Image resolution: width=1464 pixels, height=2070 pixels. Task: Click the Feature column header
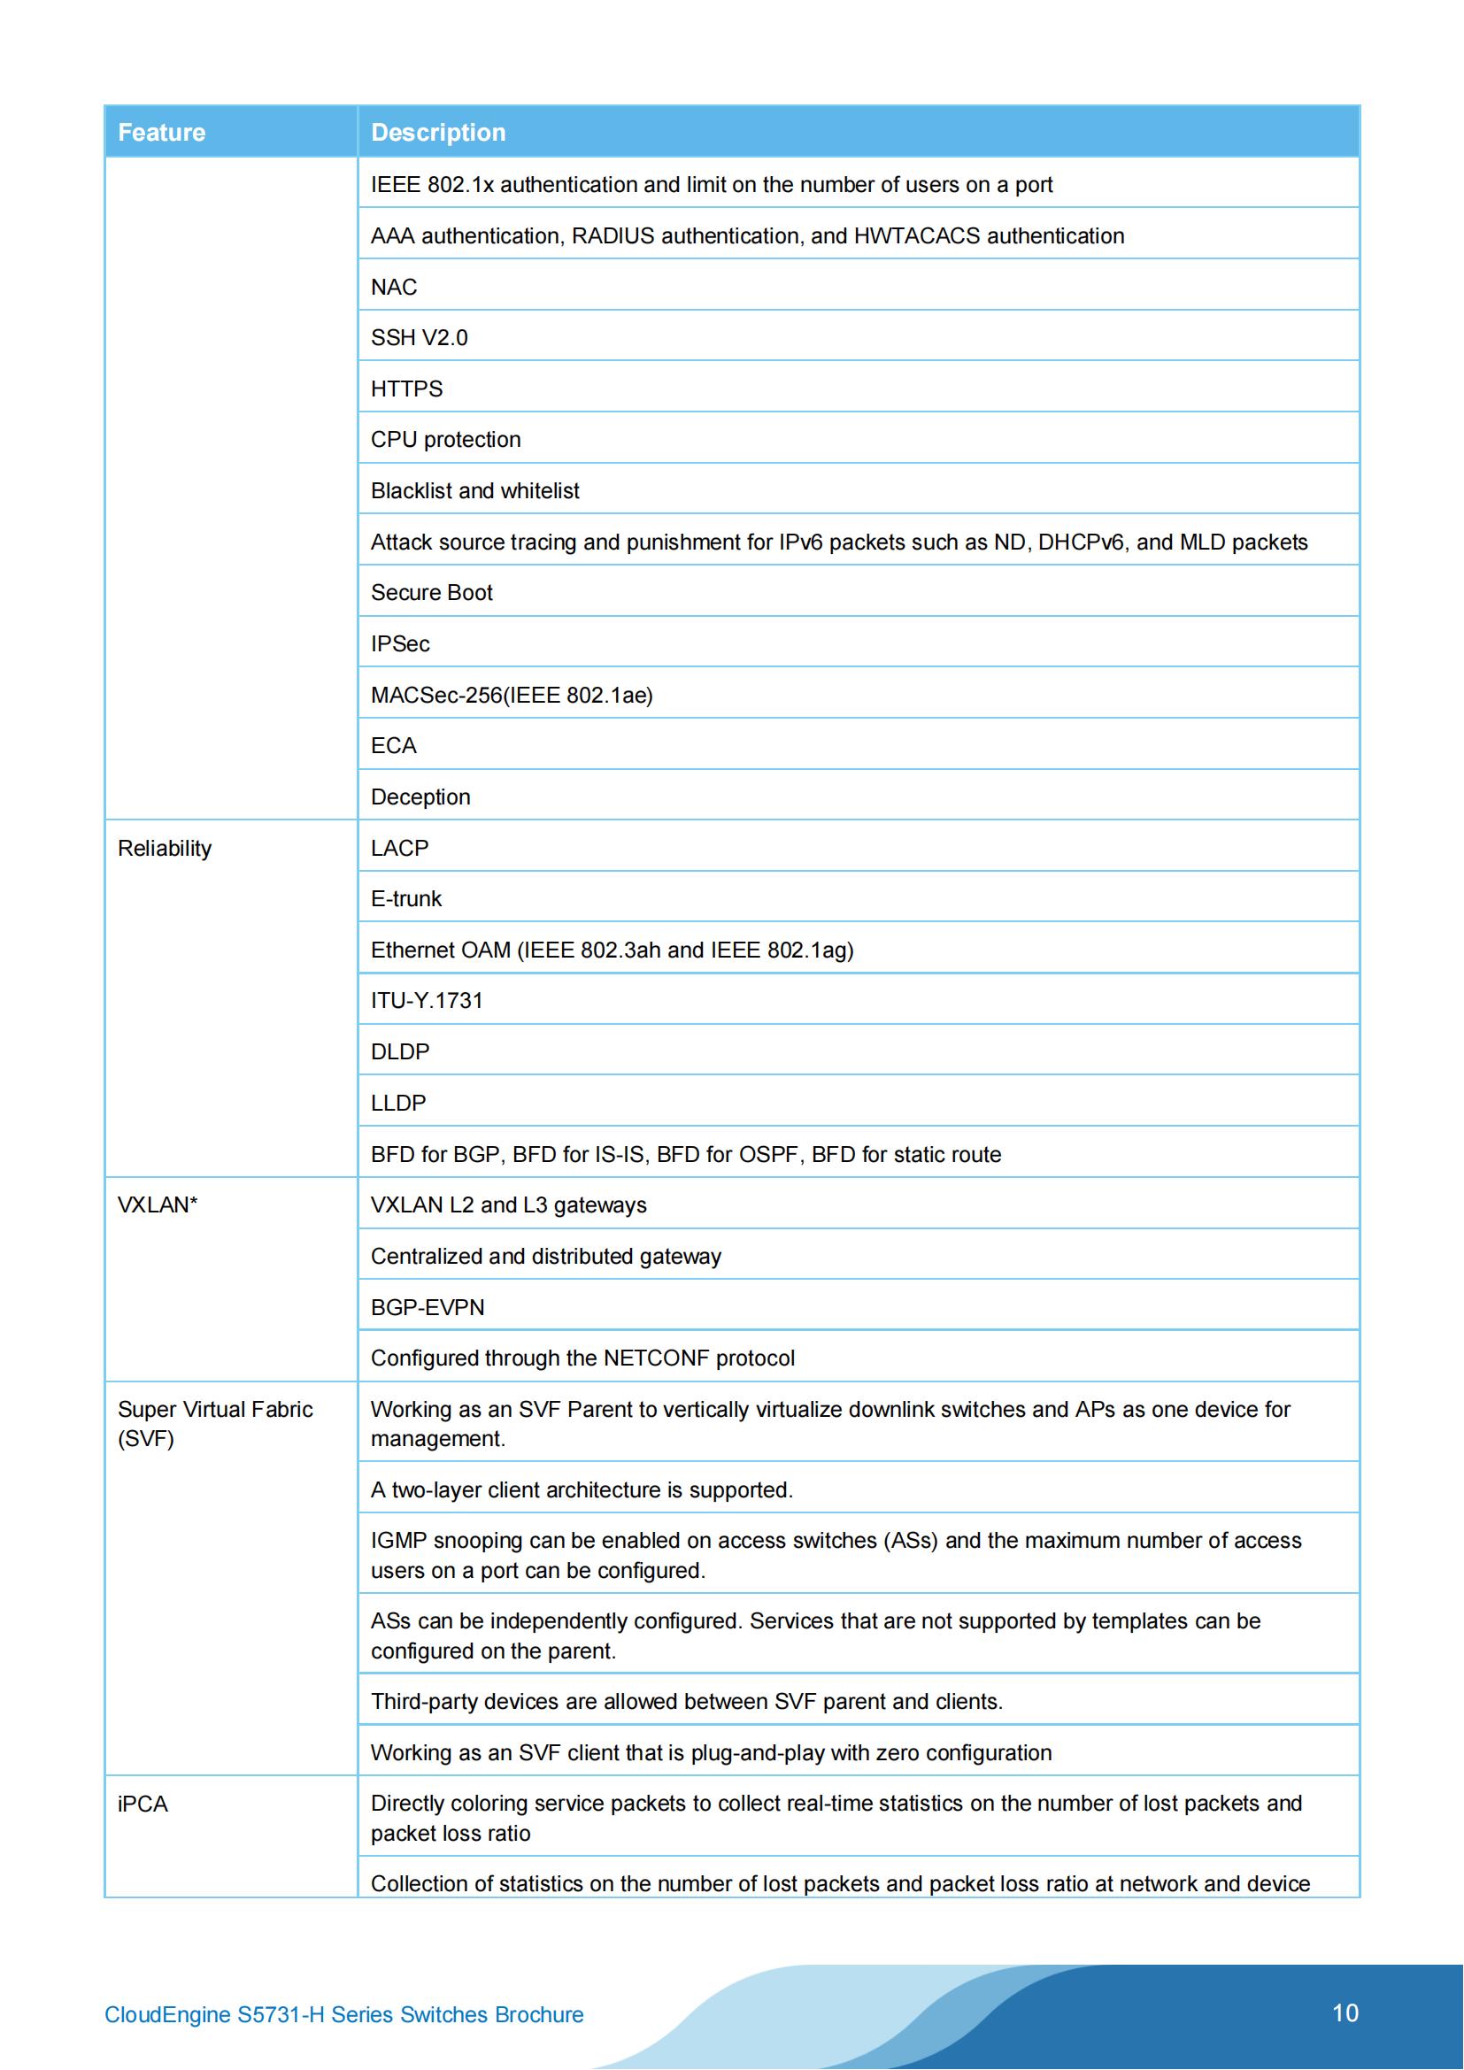(161, 133)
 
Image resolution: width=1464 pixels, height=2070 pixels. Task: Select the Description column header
(438, 133)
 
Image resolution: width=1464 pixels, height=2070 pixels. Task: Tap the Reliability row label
(164, 849)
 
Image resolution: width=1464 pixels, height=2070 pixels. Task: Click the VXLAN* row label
(158, 1204)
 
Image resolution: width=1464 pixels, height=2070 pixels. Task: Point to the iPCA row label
(143, 1803)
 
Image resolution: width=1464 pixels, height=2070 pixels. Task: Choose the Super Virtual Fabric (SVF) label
(214, 1424)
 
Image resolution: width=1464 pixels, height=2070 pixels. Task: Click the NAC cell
(394, 287)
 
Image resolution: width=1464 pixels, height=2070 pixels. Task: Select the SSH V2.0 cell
(420, 338)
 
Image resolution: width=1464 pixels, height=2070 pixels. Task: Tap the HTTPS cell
(406, 389)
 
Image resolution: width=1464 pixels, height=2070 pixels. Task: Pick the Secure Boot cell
(432, 592)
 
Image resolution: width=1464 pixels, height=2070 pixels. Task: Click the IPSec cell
(400, 643)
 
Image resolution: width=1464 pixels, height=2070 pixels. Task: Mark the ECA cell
(394, 745)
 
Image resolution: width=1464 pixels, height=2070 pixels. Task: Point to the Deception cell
(420, 797)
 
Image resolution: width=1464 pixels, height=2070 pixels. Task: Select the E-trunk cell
(406, 899)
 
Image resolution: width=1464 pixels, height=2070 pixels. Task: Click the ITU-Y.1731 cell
(427, 1001)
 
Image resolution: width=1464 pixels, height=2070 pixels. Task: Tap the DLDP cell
(400, 1051)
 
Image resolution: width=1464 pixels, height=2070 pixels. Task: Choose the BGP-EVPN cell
(428, 1307)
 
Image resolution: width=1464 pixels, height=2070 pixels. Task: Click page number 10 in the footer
(1345, 2013)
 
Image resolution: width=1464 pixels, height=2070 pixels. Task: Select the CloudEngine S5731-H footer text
(343, 2015)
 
